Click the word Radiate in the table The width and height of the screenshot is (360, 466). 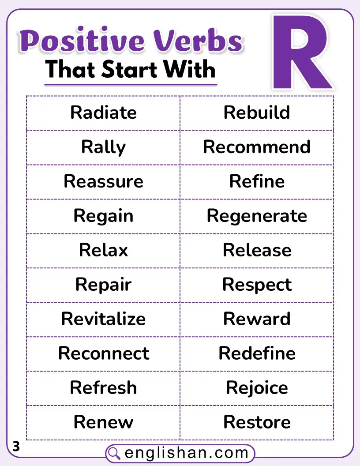click(103, 113)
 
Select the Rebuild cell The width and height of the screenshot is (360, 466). click(257, 113)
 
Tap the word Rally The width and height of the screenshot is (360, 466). click(103, 147)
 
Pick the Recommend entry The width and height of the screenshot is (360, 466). click(257, 147)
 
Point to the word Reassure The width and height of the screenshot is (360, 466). click(103, 181)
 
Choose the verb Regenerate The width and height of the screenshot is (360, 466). click(257, 216)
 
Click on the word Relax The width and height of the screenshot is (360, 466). click(103, 250)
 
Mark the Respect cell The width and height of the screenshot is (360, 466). click(257, 285)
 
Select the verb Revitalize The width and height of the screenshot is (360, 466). click(103, 319)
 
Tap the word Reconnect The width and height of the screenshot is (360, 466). click(103, 353)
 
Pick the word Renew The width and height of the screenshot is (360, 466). click(103, 422)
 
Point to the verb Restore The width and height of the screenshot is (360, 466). click(257, 422)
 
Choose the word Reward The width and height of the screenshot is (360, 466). click(257, 319)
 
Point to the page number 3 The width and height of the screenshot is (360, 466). click(16, 447)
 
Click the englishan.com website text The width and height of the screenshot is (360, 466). click(187, 453)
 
